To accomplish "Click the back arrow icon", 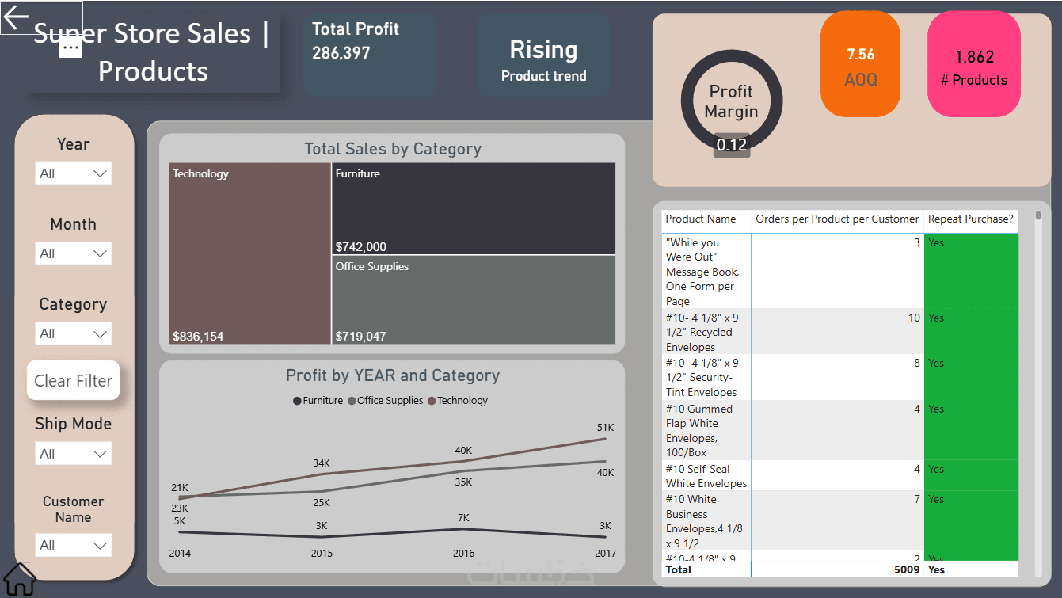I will point(17,17).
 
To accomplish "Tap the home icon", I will point(20,580).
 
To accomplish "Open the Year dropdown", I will point(74,173).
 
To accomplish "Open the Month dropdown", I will point(74,253).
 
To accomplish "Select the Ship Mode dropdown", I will point(74,454).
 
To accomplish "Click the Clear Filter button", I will point(74,381).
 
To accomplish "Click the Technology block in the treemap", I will point(249,253).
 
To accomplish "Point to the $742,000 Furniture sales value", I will point(361,246).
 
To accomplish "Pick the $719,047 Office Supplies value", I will point(361,336).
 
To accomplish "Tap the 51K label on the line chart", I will point(605,428).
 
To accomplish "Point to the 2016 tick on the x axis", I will point(464,553).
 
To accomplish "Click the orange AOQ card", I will point(861,66).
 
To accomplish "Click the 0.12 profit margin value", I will point(732,145).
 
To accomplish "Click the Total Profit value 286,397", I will point(341,53).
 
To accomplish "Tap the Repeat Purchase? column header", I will point(970,219).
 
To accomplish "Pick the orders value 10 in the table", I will point(914,318).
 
